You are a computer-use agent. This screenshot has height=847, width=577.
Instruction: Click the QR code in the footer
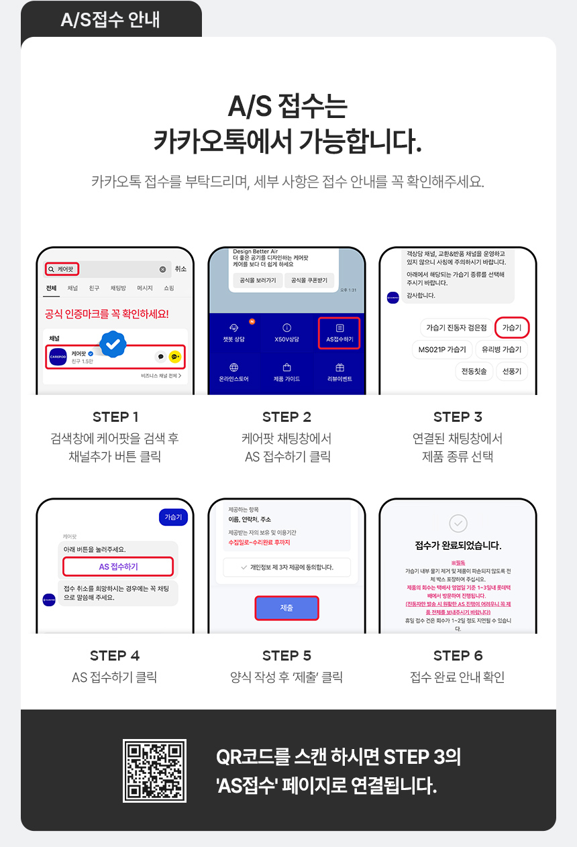pos(154,771)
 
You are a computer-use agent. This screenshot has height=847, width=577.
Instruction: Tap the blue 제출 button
pos(286,608)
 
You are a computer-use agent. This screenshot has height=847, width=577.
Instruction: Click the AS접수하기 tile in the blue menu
pos(339,333)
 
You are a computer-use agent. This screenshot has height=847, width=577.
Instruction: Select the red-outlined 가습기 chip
pos(512,327)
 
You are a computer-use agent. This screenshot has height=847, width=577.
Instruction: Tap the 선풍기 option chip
pos(511,371)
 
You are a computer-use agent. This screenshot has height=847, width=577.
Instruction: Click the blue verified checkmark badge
pos(113,344)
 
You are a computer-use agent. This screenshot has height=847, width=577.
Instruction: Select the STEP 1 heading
pos(115,417)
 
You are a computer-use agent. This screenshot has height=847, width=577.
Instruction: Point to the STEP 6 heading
pos(458,655)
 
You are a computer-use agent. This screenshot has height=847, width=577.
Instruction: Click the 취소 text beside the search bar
pos(180,269)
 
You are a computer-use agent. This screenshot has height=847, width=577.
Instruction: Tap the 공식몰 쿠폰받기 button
pos(310,280)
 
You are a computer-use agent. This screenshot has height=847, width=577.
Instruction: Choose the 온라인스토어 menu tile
pos(234,372)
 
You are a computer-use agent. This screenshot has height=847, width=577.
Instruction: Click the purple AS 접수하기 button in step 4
pos(118,567)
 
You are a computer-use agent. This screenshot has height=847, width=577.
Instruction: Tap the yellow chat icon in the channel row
pos(175,357)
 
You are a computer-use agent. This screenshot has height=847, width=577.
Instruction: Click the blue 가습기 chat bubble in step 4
pos(173,517)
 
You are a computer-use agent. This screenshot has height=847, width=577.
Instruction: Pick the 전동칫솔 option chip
pos(474,371)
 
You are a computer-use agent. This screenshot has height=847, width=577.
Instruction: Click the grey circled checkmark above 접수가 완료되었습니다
pos(458,524)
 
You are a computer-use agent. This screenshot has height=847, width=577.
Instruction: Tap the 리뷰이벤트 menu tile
pos(339,372)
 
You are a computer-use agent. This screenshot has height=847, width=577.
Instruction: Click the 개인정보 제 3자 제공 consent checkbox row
pos(286,567)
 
